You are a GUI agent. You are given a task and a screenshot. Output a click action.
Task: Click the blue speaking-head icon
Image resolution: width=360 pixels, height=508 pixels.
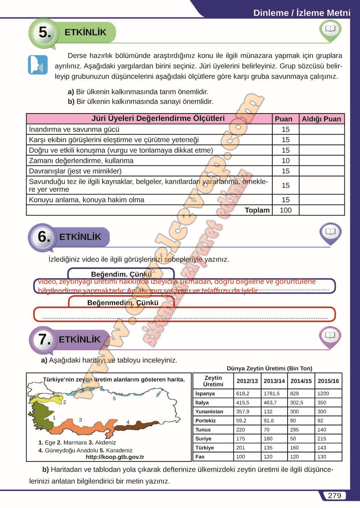point(38,65)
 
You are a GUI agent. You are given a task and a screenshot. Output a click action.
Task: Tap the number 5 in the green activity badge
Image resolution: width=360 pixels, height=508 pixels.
point(45,32)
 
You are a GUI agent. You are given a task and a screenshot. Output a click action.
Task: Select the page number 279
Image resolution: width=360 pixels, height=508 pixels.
point(334,496)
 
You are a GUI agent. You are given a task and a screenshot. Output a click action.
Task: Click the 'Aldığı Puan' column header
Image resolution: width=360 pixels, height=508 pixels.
point(321,119)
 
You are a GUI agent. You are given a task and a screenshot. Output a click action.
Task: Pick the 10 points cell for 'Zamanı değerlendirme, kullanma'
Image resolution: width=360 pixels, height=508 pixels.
point(285,161)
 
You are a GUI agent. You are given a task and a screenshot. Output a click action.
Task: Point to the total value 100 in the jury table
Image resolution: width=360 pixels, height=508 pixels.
point(285,210)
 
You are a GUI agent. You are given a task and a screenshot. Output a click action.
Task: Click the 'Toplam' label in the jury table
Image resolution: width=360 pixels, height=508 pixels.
point(257,210)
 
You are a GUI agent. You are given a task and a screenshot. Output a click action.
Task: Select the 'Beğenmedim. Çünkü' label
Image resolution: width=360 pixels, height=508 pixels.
point(123,303)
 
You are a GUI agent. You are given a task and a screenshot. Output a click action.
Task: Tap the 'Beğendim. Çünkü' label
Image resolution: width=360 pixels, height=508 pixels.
point(121,274)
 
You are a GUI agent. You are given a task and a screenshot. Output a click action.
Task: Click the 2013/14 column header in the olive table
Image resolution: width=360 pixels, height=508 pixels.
point(274,381)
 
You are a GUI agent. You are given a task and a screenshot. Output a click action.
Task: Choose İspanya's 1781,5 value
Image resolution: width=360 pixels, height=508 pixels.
point(272,394)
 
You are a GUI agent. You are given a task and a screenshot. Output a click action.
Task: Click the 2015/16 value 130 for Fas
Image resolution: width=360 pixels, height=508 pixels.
point(322,457)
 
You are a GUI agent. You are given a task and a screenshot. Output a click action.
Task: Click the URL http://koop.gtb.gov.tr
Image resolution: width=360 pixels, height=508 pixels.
point(115,457)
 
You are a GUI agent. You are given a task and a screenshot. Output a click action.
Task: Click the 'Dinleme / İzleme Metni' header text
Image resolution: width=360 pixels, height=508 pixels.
point(302,13)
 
